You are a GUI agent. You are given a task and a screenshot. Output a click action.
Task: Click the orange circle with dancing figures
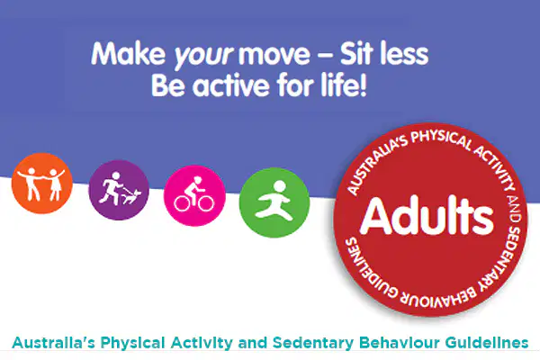(42, 183)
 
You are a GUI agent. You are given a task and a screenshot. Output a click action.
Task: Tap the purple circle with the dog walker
(119, 190)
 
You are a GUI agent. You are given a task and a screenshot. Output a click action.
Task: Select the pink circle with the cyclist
(194, 195)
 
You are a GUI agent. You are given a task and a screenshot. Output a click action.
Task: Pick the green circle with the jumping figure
(274, 202)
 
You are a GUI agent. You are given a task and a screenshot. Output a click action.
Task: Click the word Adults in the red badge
(427, 216)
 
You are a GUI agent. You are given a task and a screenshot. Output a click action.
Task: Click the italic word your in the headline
(203, 55)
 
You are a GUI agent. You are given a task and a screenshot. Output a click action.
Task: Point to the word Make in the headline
(129, 53)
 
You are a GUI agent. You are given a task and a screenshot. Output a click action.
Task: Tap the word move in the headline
(274, 54)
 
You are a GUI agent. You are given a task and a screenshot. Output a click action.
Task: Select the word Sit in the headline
(356, 53)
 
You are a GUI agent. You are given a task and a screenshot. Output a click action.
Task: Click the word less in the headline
(404, 53)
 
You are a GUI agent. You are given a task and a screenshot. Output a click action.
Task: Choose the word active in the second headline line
(229, 85)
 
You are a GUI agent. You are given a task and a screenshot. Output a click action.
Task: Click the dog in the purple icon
(132, 196)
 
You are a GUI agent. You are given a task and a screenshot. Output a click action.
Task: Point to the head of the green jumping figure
(279, 186)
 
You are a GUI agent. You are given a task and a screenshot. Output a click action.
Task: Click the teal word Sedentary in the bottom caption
(312, 343)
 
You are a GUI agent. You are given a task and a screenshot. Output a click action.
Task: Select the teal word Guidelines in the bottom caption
(487, 343)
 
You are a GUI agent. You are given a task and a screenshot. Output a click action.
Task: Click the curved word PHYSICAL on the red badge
(440, 139)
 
